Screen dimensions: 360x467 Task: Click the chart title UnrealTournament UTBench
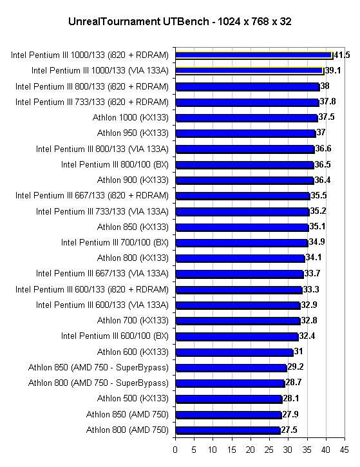138,22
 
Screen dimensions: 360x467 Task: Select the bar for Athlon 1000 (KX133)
247,118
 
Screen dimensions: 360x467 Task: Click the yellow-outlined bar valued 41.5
254,55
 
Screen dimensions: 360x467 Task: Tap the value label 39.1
332,71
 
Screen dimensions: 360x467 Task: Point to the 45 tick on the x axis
344,450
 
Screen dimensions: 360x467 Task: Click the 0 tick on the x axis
175,450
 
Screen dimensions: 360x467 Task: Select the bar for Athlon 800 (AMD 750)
228,430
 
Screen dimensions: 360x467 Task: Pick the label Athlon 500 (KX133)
133,399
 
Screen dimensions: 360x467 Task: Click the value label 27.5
289,430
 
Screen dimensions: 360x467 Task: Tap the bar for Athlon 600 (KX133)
234,352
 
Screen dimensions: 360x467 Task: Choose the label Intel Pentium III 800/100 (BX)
115,165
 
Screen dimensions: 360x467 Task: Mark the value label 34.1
314,257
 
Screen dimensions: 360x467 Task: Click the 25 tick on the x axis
269,450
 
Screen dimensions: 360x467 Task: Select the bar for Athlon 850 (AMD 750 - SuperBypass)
231,368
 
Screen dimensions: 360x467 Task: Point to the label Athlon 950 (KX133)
133,133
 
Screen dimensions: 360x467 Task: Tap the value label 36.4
322,180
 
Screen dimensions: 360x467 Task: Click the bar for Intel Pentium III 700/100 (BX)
242,243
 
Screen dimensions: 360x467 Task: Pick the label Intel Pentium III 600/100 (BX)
115,336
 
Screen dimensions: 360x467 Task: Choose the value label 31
298,352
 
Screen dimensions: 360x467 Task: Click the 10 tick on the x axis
213,450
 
